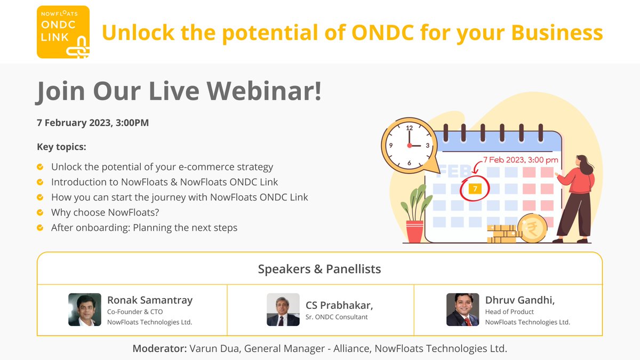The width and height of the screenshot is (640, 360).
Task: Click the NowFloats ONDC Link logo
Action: pos(63,32)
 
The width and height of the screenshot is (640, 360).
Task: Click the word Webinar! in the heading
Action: pos(265,91)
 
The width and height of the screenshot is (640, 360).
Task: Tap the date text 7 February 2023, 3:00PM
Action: pos(93,123)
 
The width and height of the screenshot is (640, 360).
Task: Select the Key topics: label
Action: pos(61,147)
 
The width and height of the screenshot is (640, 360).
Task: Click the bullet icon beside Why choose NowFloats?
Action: pos(40,212)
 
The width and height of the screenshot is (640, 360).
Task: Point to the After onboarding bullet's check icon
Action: pos(40,227)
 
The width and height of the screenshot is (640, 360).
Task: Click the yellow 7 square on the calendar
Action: pos(475,189)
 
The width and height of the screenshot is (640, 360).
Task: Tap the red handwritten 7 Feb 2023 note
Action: pos(521,159)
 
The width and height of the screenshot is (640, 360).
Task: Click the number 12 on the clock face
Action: pos(410,128)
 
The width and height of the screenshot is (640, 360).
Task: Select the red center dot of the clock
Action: pos(410,146)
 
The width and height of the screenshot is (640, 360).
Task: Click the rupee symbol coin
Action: pos(532,228)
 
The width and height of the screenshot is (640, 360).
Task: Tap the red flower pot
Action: pos(414,231)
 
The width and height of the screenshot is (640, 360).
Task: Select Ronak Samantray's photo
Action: pos(85,310)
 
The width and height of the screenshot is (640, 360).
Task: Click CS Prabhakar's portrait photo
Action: pos(283,310)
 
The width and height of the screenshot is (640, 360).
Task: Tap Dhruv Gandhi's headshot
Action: pos(463,310)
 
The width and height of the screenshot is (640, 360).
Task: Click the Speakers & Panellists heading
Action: pos(319,269)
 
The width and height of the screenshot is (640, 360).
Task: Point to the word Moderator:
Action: pos(159,349)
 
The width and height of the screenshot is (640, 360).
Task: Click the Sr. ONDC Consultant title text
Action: pos(337,317)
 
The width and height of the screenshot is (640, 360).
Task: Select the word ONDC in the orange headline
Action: pos(383,33)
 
